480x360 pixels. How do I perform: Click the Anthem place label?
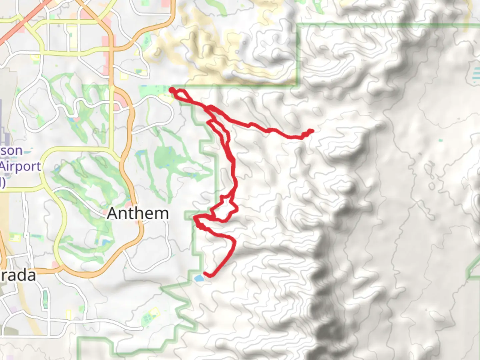coord(138,213)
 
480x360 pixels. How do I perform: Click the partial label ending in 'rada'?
coord(18,276)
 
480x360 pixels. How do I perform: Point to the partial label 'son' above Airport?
coord(12,151)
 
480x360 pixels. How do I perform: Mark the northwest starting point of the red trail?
coord(172,90)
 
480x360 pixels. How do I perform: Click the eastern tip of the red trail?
coord(311,131)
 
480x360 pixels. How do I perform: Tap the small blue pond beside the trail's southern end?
coord(199,278)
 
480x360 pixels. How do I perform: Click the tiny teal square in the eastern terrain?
coord(441,141)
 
